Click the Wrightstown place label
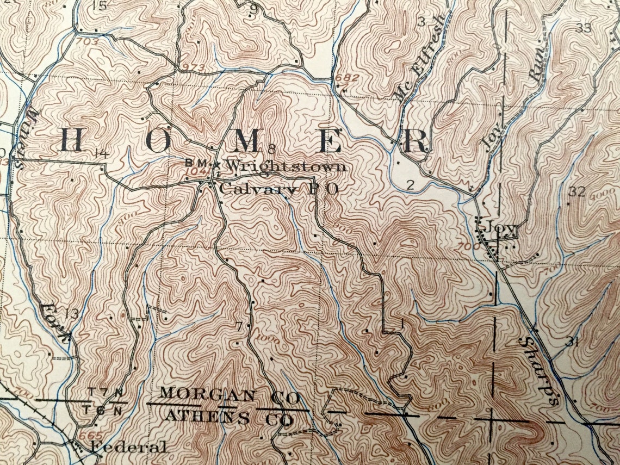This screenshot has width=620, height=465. coord(285,166)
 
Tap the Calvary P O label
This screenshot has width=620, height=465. coord(279,189)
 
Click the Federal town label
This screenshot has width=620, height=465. coord(128,448)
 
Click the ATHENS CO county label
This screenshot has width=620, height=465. coord(228,418)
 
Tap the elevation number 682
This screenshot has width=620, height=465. coord(347,78)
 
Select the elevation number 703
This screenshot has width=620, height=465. coord(88,41)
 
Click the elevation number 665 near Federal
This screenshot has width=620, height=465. coord(86,436)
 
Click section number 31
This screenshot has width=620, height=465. coord(571,342)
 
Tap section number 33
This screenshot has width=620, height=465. coord(583,28)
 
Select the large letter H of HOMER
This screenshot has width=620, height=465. coord(71,141)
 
